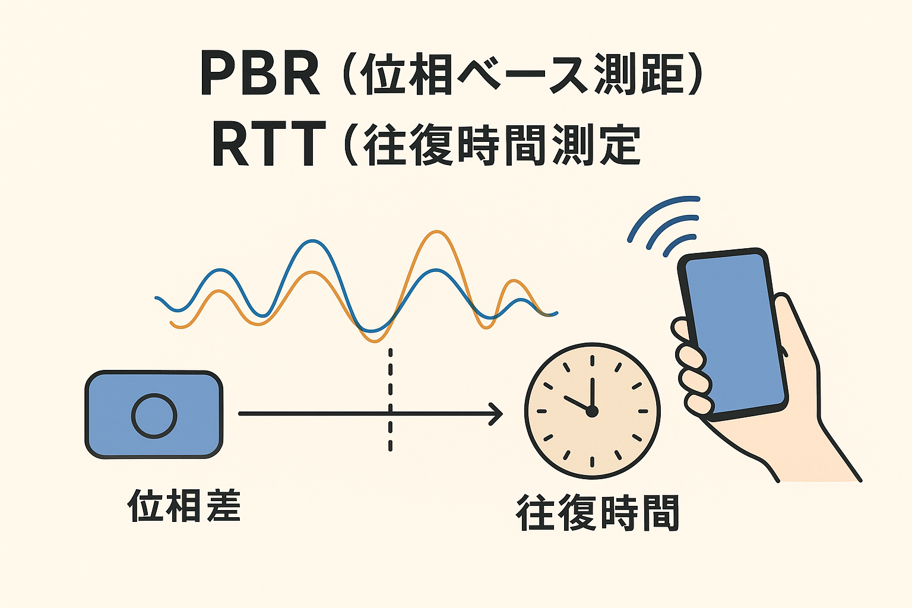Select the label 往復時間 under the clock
pyautogui.click(x=598, y=513)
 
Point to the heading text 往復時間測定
pyautogui.click(x=502, y=144)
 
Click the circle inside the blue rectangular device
pyautogui.click(x=154, y=416)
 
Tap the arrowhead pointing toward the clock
pyautogui.click(x=497, y=414)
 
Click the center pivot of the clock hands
pyautogui.click(x=591, y=411)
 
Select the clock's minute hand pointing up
pyautogui.click(x=592, y=393)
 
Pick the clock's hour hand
pyautogui.click(x=577, y=403)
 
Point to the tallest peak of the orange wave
pyautogui.click(x=436, y=232)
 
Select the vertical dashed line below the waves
pyautogui.click(x=391, y=399)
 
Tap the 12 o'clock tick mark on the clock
pyautogui.click(x=592, y=361)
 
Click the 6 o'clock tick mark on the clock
pyautogui.click(x=592, y=462)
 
